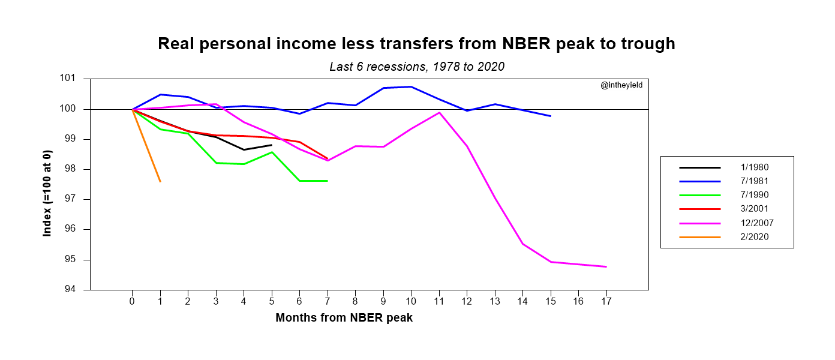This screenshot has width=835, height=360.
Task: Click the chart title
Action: coord(416,44)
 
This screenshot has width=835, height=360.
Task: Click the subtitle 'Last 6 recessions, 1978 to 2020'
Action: coord(417,67)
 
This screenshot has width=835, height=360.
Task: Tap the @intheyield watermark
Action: coord(621,85)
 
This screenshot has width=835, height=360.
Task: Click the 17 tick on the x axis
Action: coord(606,301)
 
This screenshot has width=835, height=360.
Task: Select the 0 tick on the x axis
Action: coord(132,301)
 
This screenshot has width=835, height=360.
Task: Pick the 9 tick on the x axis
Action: coord(383,301)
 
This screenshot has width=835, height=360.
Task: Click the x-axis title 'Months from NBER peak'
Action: coord(344,318)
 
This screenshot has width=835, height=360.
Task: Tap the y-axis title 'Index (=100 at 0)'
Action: coord(47,185)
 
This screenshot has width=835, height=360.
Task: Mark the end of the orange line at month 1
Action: coord(160,181)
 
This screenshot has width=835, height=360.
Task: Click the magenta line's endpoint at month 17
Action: coord(606,266)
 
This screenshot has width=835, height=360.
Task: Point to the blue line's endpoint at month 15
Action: coord(550,116)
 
